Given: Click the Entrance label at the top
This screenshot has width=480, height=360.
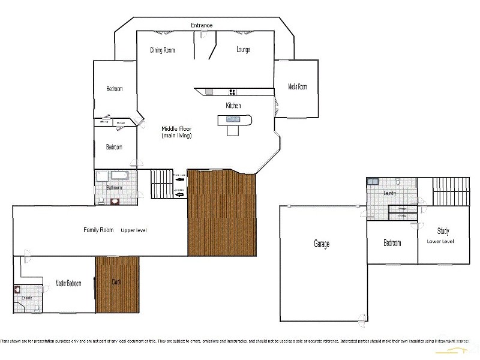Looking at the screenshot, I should click(x=202, y=25).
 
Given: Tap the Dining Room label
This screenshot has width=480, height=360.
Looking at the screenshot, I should click(x=163, y=50).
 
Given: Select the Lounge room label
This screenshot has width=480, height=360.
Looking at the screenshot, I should click(x=243, y=50).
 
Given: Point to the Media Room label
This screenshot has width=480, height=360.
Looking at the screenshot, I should click(x=297, y=87).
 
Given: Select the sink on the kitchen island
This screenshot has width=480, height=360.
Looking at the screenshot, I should click(x=232, y=119).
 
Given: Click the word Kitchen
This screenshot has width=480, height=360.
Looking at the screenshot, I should click(x=233, y=106).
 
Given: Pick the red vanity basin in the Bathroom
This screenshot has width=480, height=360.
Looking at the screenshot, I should click(x=115, y=202).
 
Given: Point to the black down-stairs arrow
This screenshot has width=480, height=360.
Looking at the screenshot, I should click(x=179, y=178).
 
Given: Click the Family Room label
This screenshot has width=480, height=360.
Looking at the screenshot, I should click(x=98, y=230).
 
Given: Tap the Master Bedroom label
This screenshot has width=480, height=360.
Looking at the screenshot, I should click(x=68, y=283).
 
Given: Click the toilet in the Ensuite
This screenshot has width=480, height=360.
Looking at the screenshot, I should click(x=37, y=308).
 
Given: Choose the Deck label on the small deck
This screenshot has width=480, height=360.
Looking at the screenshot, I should click(x=118, y=281).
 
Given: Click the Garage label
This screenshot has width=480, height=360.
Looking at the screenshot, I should click(x=322, y=244).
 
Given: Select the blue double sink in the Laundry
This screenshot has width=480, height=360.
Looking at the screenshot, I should click(x=373, y=181).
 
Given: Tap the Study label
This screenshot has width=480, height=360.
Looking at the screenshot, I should click(x=443, y=231).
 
